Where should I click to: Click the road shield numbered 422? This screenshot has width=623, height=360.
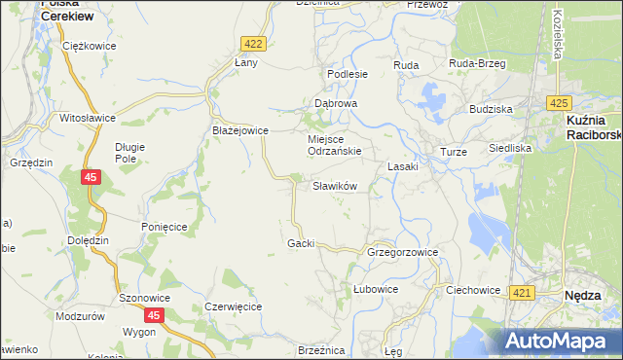click(253, 44)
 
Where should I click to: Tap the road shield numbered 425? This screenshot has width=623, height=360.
click(558, 103)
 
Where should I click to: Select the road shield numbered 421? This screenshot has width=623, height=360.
click(522, 293)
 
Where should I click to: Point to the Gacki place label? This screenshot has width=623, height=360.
click(301, 243)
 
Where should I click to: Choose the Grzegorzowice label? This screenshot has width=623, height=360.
click(403, 252)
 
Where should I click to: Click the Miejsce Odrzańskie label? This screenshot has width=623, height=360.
click(335, 145)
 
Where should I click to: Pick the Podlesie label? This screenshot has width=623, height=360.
click(348, 74)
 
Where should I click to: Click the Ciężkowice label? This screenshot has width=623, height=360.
click(88, 46)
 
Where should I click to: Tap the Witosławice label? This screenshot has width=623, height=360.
click(89, 118)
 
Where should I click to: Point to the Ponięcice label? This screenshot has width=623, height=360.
click(164, 226)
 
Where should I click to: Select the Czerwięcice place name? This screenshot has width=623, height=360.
click(234, 306)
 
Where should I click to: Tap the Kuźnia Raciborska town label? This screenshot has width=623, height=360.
click(592, 127)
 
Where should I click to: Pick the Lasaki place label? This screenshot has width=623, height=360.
click(403, 166)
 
